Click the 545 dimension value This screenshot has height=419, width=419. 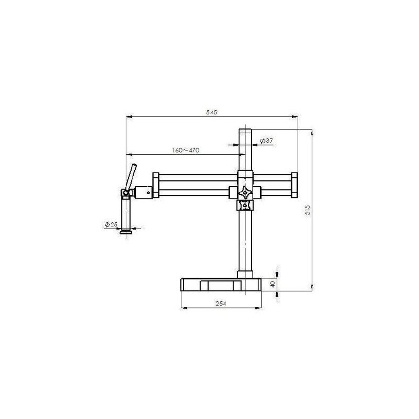(211, 112)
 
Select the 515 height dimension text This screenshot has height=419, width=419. (308, 210)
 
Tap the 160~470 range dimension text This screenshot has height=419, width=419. (186, 150)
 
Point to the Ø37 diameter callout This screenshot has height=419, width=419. (266, 141)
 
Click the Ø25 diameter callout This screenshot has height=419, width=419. (111, 224)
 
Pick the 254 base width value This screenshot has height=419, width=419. (221, 303)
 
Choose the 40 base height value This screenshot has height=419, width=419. (273, 284)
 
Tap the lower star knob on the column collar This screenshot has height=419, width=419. (245, 205)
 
